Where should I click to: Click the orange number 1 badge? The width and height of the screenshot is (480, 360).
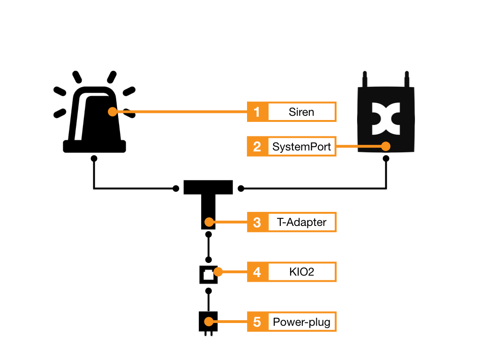[257, 112]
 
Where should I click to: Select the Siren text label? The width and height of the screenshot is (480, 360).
[301, 112]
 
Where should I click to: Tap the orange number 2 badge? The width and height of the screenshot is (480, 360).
[257, 146]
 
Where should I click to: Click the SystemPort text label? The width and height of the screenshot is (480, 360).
[301, 146]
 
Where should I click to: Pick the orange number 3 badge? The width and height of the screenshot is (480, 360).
[257, 222]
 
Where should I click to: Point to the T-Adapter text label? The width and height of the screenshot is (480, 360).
[301, 222]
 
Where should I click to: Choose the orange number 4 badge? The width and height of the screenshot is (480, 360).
[257, 272]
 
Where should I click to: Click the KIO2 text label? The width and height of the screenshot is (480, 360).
[301, 272]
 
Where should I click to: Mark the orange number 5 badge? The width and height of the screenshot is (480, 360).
[257, 322]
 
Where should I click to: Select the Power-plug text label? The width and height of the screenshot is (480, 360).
[301, 322]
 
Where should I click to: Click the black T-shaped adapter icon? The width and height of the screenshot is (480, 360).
[208, 197]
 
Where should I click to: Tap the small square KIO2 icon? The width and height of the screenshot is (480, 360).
[209, 274]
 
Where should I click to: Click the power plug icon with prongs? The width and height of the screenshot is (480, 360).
[208, 323]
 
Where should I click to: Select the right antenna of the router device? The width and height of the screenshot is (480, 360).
[407, 79]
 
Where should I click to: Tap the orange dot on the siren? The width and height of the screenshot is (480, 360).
[112, 112]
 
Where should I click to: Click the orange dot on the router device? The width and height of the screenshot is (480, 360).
[386, 146]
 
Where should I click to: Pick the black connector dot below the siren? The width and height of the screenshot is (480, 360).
[94, 158]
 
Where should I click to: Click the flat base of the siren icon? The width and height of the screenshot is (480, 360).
[95, 146]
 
